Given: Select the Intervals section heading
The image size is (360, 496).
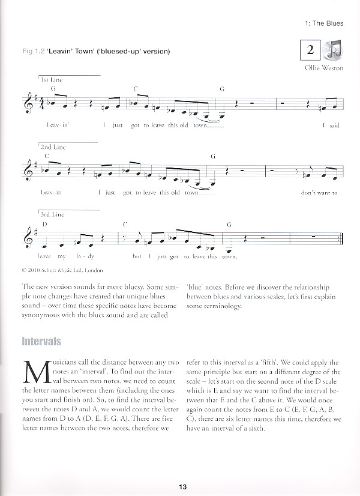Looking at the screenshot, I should click(41, 342).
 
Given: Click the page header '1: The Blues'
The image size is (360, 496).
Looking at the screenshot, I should click(324, 23).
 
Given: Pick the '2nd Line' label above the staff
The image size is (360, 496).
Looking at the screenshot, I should click(53, 147).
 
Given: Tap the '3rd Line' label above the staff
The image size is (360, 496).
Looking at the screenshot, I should click(53, 214).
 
